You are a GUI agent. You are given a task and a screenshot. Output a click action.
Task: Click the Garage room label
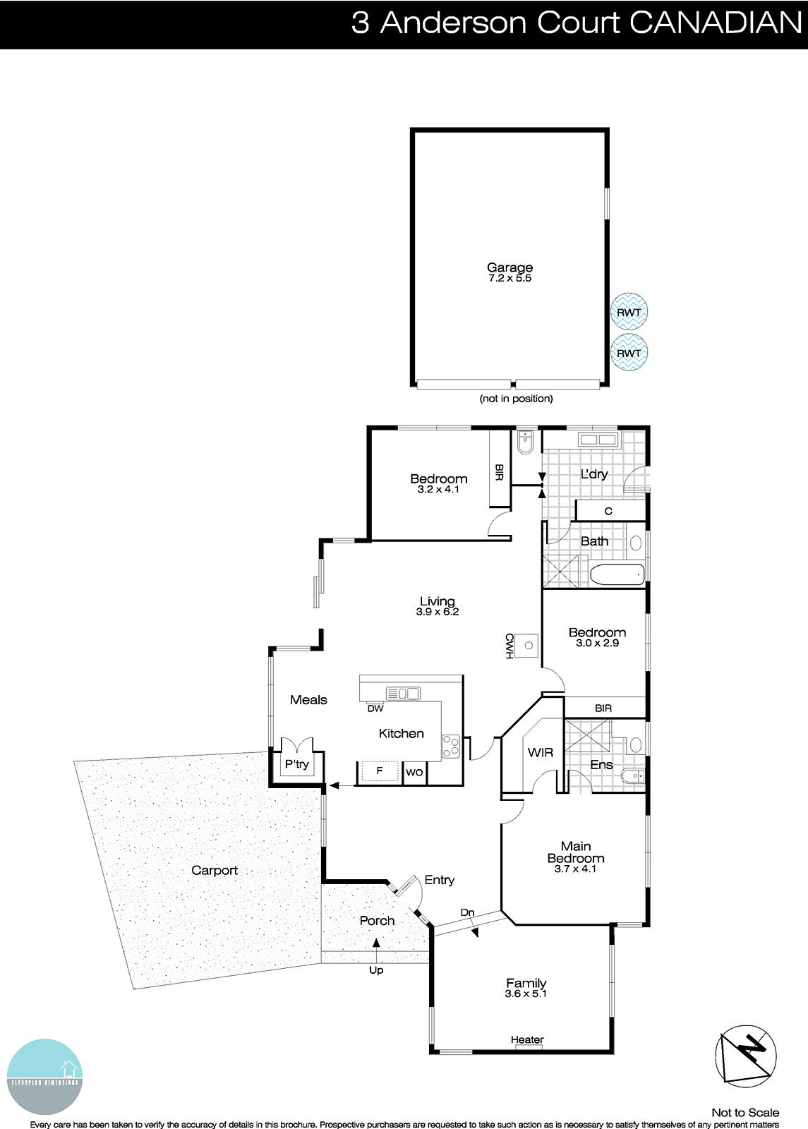509,267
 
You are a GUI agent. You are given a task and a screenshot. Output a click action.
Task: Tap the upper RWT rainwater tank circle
628,312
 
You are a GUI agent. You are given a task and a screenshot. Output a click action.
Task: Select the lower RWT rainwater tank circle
628,353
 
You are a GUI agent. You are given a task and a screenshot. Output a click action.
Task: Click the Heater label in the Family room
527,1039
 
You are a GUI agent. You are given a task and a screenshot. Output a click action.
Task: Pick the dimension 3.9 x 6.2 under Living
438,612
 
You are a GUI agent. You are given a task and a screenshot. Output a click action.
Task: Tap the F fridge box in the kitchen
380,771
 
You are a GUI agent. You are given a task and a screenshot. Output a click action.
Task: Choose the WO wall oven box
414,772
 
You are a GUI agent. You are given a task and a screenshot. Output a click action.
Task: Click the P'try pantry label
297,764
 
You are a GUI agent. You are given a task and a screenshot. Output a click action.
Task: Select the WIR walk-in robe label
541,753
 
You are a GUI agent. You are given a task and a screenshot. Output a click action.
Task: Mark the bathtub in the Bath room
617,574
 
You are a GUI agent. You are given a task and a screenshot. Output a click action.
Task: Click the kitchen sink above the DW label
403,694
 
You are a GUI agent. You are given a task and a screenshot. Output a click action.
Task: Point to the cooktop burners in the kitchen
450,747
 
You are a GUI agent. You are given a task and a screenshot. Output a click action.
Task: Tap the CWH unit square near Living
527,645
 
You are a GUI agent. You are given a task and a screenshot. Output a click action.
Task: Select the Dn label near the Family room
467,912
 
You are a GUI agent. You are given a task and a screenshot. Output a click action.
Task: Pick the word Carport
215,871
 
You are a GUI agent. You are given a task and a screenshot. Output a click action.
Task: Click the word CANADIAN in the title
716,23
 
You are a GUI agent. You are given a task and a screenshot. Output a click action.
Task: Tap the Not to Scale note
745,1113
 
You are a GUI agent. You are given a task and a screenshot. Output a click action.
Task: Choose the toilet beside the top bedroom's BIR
524,442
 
